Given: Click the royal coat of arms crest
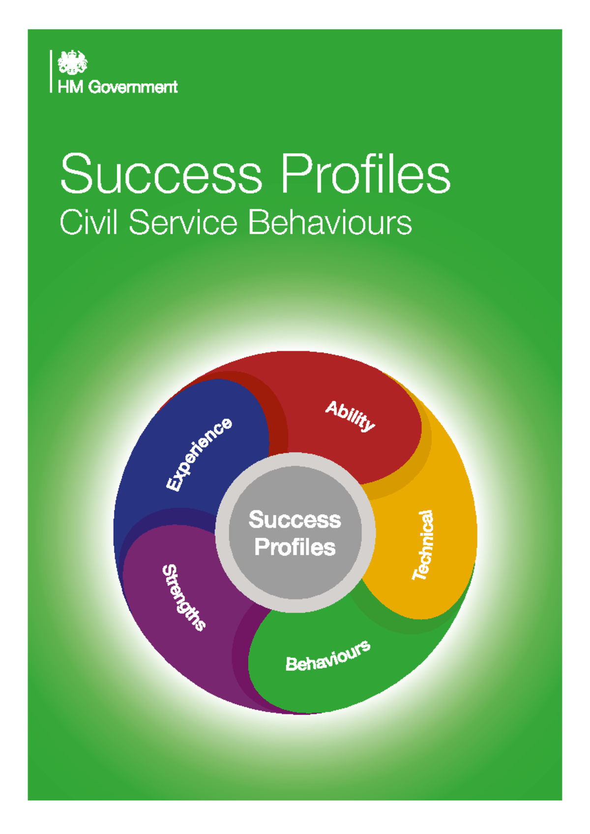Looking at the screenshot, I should point(72,62).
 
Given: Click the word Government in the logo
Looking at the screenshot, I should point(133,88).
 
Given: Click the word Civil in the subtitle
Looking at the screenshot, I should point(88,223).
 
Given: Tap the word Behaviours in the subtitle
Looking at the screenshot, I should point(329,223).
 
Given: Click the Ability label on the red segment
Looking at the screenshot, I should point(350,416).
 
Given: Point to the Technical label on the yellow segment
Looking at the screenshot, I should point(423,545).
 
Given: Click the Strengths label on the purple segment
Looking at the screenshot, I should point(183,597).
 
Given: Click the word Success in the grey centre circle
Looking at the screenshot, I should point(295,520).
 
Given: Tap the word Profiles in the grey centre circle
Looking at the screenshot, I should point(295,547).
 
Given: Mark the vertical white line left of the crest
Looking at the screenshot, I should point(51,71).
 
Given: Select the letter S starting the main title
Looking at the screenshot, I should point(76,175).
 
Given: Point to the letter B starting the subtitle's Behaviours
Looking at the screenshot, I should point(258,223).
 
